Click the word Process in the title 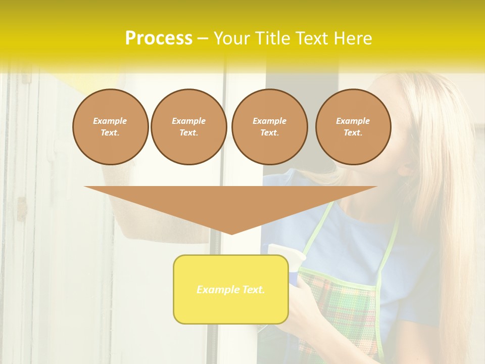click(159, 38)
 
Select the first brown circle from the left click(111, 127)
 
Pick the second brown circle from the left click(189, 127)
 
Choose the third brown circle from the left click(270, 127)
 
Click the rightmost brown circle click(353, 127)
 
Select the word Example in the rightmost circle click(353, 121)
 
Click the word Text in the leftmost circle click(110, 133)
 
